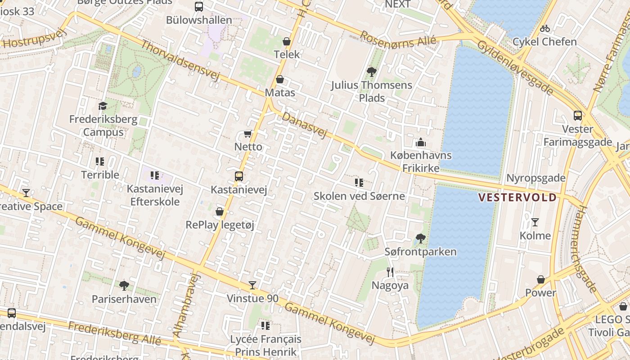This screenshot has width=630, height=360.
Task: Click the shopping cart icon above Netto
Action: point(247,134)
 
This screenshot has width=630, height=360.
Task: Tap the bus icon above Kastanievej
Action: point(239,176)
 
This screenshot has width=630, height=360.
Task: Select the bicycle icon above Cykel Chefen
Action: point(545,28)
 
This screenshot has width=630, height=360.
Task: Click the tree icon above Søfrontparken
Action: point(421,238)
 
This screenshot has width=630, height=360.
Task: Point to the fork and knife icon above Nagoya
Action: point(390,272)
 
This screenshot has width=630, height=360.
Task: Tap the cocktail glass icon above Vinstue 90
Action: point(252,285)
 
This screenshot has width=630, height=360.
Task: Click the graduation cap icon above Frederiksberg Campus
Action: point(103,106)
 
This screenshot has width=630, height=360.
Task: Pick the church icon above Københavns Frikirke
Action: point(421,142)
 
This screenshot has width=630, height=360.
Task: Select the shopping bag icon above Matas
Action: point(280,79)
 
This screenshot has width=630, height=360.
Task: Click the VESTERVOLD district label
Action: point(517,198)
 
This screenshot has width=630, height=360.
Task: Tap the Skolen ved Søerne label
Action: point(359,196)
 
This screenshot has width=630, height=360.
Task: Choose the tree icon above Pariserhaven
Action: point(124,285)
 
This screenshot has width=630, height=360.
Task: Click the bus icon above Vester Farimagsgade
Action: point(578,116)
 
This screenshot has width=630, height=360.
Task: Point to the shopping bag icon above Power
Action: point(541,279)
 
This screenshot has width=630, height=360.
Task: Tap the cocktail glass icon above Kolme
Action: point(535,222)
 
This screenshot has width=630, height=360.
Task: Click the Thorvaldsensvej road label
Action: point(180,61)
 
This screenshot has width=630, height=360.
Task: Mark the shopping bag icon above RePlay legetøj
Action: point(220,211)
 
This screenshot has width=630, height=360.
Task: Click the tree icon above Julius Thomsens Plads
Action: point(372,72)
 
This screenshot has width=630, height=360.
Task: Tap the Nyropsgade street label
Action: point(535,178)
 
